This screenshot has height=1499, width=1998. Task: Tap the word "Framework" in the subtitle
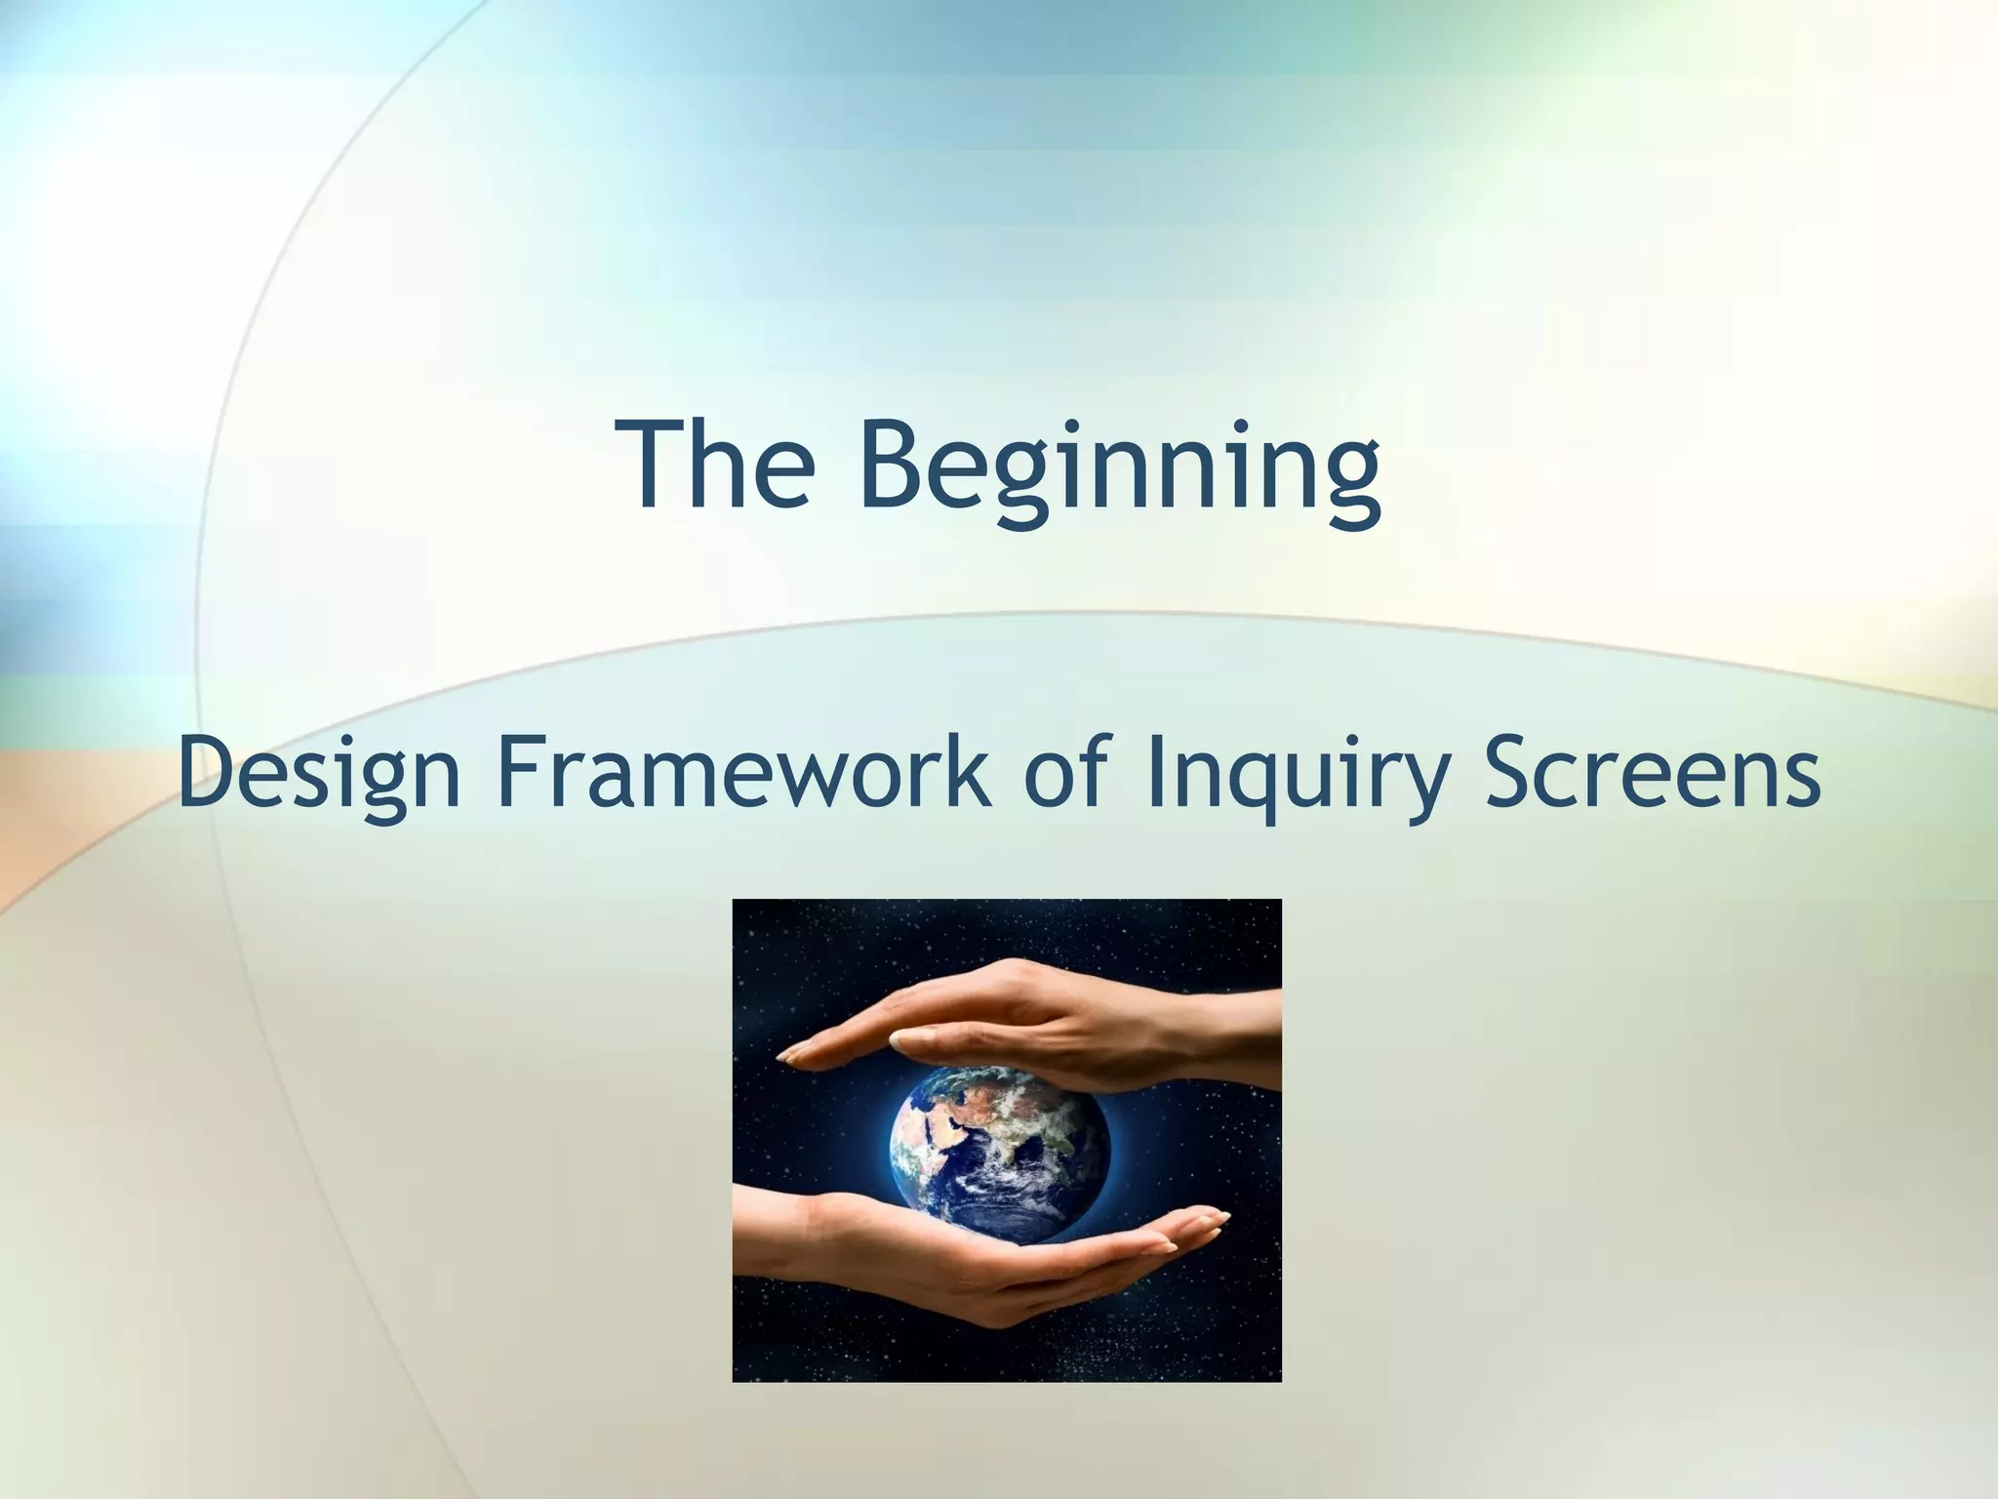pyautogui.click(x=743, y=771)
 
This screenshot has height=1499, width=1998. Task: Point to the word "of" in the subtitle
pyautogui.click(x=1070, y=771)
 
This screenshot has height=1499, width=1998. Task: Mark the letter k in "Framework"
pyautogui.click(x=967, y=771)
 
